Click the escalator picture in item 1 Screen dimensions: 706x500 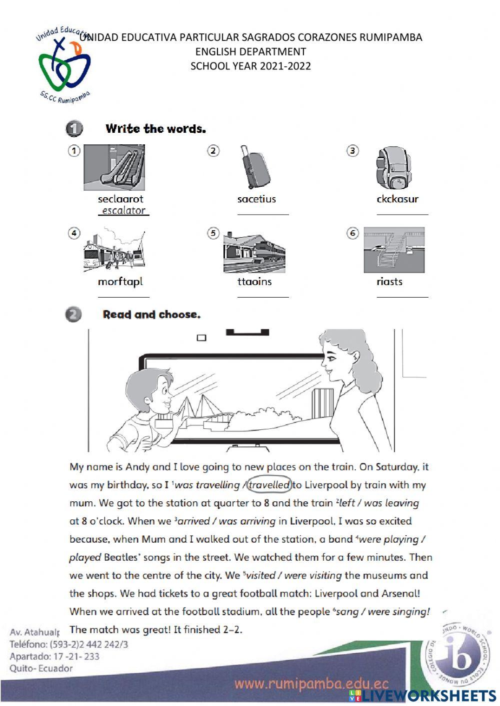pyautogui.click(x=114, y=167)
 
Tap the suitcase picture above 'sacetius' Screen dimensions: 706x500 pyautogui.click(x=255, y=167)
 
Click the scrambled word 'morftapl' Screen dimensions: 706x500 pyautogui.click(x=120, y=282)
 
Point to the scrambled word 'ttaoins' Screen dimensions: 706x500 pyautogui.click(x=254, y=282)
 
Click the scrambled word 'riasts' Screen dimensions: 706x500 pyautogui.click(x=389, y=282)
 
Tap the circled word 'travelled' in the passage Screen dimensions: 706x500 pyautogui.click(x=269, y=485)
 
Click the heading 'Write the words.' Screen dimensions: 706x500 pyautogui.click(x=155, y=129)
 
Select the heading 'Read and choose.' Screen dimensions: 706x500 pyautogui.click(x=151, y=315)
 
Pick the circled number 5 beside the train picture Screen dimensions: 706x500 pyautogui.click(x=213, y=233)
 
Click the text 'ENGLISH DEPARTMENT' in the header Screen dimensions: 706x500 pyautogui.click(x=250, y=51)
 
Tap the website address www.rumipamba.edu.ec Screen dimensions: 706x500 pyautogui.click(x=311, y=684)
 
